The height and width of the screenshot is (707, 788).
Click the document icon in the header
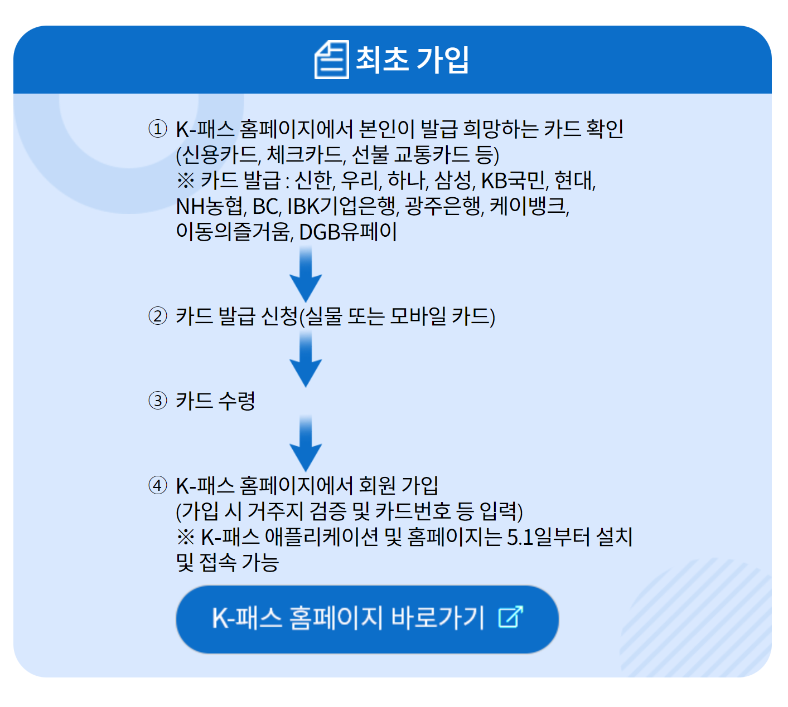point(332,60)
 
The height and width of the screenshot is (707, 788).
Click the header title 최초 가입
point(412,60)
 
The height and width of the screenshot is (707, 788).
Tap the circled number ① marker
point(158,129)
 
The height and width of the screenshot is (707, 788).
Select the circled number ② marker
point(158,316)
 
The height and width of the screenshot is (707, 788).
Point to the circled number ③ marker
point(158,401)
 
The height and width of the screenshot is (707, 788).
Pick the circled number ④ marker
point(158,485)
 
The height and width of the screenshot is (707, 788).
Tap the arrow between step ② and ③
point(306,359)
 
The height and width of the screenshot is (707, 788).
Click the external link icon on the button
point(511,617)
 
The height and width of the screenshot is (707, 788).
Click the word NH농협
point(210,206)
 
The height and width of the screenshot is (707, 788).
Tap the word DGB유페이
point(348,232)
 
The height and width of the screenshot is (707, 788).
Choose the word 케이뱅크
point(529,206)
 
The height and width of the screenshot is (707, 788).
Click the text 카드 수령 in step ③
point(215,401)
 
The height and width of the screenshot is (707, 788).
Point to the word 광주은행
point(443,206)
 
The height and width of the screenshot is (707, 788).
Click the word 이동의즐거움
point(234,232)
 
